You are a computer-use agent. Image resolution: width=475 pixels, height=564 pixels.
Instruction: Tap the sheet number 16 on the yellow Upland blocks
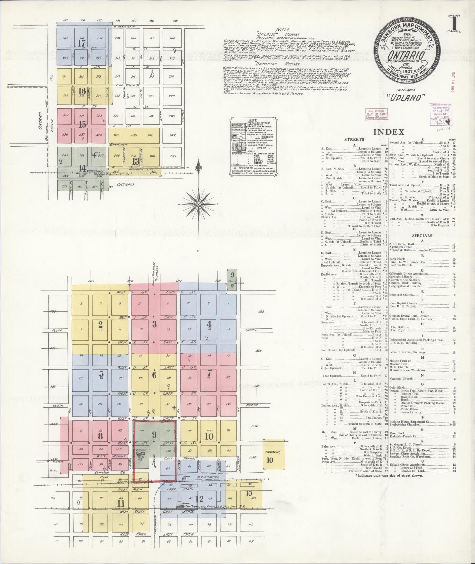(82, 91)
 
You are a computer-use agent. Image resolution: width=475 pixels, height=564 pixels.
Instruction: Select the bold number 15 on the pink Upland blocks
(82, 124)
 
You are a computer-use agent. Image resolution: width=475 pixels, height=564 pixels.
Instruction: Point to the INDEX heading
(389, 132)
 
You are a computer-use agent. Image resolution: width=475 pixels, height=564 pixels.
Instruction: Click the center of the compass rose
(199, 204)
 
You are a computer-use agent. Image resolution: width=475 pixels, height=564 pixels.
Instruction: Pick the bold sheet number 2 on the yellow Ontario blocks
(100, 324)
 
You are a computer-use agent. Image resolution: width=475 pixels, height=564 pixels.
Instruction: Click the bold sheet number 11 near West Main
(121, 504)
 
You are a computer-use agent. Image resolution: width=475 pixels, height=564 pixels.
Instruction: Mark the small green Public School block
(232, 279)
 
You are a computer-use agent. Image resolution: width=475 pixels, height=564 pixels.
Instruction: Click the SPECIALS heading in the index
(419, 236)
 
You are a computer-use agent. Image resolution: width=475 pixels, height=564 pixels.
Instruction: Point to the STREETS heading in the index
(354, 140)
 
